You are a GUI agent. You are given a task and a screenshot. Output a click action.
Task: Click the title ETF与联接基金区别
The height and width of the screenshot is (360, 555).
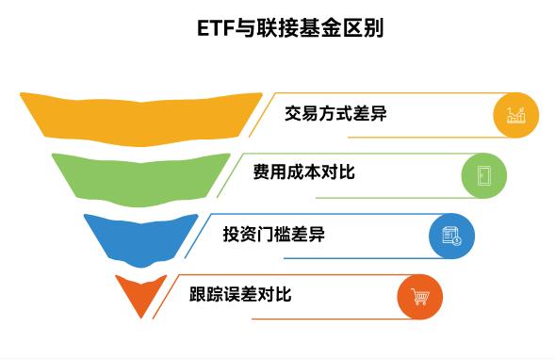coord(277,28)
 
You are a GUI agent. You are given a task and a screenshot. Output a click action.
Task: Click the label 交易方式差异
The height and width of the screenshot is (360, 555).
coord(335,114)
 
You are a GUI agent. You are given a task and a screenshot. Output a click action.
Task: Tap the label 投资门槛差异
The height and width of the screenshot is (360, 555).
coord(273,235)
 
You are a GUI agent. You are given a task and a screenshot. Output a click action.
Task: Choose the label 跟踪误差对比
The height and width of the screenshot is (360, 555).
coord(241,294)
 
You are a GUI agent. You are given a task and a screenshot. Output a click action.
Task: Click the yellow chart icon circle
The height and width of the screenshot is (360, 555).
coord(516,115)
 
